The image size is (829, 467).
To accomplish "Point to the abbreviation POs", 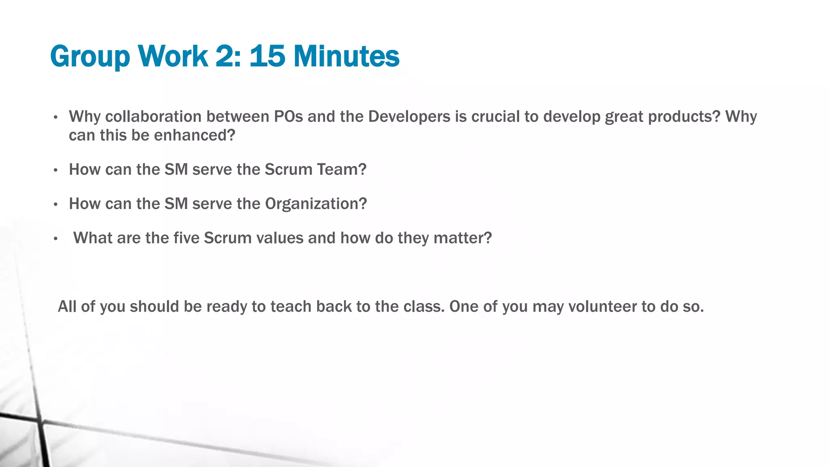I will point(288,117).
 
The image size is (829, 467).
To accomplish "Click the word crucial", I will point(495,117).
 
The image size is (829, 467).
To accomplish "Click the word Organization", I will point(315,204).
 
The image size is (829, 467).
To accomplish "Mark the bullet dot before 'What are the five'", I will point(56,239).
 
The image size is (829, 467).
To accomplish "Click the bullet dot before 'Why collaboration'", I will point(56,118).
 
